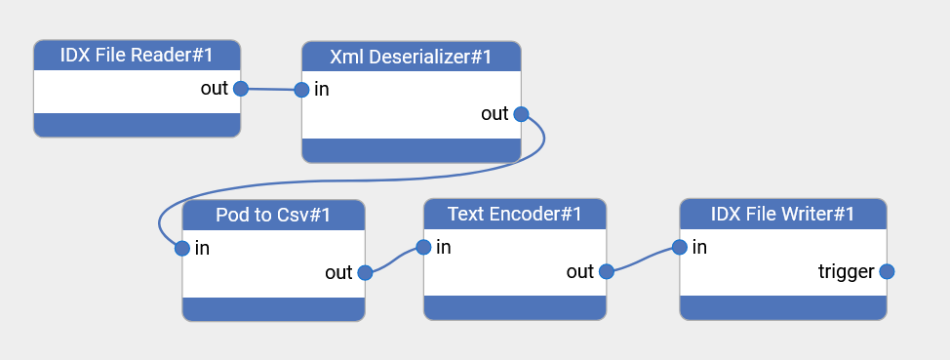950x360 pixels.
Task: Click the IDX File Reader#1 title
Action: (x=137, y=56)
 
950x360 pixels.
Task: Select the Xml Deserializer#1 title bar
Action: (x=411, y=57)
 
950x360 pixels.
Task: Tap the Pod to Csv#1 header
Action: (x=273, y=215)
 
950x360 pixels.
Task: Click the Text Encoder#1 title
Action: (x=515, y=214)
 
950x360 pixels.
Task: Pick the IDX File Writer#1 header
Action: (x=782, y=214)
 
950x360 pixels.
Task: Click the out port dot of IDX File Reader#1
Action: (x=240, y=89)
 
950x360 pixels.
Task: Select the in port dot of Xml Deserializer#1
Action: (x=301, y=90)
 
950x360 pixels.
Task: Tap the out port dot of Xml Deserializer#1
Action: (x=521, y=114)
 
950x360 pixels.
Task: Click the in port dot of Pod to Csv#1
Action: (x=182, y=248)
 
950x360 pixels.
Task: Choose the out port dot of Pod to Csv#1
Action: (x=365, y=273)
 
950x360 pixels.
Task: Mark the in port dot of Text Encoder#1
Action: (x=423, y=247)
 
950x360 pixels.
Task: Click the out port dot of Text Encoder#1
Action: (x=606, y=272)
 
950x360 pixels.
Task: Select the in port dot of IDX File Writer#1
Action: (x=680, y=247)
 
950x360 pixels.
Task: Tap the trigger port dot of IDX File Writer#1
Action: (x=887, y=272)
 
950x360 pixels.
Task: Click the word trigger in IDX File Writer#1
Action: (x=846, y=272)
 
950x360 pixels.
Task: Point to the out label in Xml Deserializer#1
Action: (x=495, y=114)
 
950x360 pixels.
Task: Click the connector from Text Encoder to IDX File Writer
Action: (x=643, y=260)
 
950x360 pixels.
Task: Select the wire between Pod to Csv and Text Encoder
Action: (x=394, y=260)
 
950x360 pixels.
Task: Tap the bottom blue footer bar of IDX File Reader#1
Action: (x=137, y=125)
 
